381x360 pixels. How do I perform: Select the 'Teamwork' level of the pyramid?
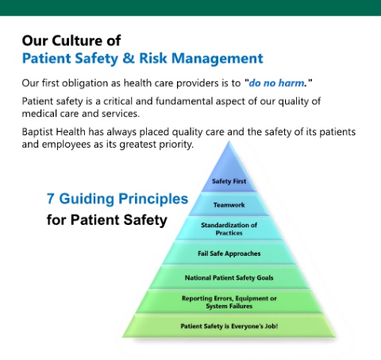coord(229,204)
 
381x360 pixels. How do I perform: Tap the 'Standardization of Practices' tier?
coord(229,228)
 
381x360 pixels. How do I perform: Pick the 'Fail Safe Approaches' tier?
coord(229,253)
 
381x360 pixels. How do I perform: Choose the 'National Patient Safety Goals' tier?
coord(229,277)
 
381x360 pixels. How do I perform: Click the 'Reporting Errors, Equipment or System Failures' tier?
coord(229,302)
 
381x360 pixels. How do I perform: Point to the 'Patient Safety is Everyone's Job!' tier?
coord(229,326)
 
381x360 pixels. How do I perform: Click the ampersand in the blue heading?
coord(129,58)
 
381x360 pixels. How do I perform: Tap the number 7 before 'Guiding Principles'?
coord(50,199)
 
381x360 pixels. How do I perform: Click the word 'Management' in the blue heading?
coord(217,59)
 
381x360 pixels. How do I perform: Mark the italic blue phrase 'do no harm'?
coord(276,83)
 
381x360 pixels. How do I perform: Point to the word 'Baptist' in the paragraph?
coord(37,132)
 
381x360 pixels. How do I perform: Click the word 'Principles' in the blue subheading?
coord(153,199)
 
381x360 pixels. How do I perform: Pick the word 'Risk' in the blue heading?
coord(153,58)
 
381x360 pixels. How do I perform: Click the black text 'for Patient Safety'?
coord(107,220)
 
